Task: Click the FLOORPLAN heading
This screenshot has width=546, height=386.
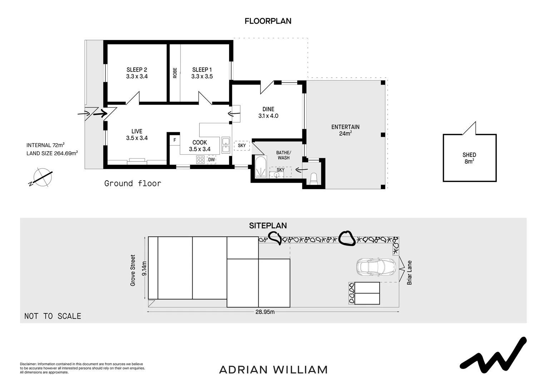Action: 268,21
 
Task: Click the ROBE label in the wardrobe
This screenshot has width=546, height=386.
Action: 175,73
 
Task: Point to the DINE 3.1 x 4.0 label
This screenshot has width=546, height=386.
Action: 268,113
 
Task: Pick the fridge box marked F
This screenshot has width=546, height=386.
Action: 175,140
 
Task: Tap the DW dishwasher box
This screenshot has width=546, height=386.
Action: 211,160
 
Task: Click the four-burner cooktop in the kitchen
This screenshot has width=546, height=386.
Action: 200,160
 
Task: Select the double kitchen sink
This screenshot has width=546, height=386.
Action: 225,145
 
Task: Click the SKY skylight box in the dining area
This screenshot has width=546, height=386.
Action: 242,145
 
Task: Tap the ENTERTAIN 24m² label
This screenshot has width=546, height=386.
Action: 345,130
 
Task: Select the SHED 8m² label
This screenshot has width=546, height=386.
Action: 469,158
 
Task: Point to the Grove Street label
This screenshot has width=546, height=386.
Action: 133,270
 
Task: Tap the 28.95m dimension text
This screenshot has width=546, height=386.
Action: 265,312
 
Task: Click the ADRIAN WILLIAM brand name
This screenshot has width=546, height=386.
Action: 273,370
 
